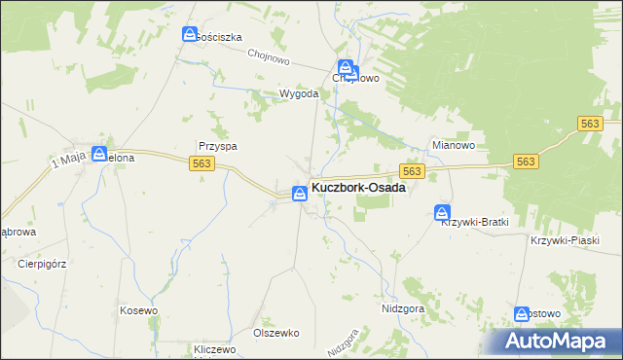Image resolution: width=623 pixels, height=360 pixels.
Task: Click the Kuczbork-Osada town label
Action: click(358, 189)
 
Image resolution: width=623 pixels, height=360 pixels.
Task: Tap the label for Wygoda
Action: click(273, 94)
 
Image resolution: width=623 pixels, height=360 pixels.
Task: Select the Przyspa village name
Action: click(218, 146)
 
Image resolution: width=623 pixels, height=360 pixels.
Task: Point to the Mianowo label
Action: click(453, 146)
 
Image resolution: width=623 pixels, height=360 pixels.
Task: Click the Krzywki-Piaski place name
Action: click(564, 240)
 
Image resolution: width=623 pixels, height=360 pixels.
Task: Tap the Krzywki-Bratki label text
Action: click(476, 222)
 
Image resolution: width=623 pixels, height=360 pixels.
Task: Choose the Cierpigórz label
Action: click(40, 263)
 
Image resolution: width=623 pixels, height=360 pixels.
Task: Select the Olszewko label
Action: click(275, 332)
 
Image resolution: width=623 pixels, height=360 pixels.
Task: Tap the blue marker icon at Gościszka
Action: click(190, 34)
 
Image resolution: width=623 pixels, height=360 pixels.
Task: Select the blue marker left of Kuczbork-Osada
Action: click(300, 193)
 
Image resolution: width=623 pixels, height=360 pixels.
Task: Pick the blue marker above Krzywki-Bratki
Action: click(443, 212)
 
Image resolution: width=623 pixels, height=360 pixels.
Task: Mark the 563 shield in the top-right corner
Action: click(590, 124)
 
